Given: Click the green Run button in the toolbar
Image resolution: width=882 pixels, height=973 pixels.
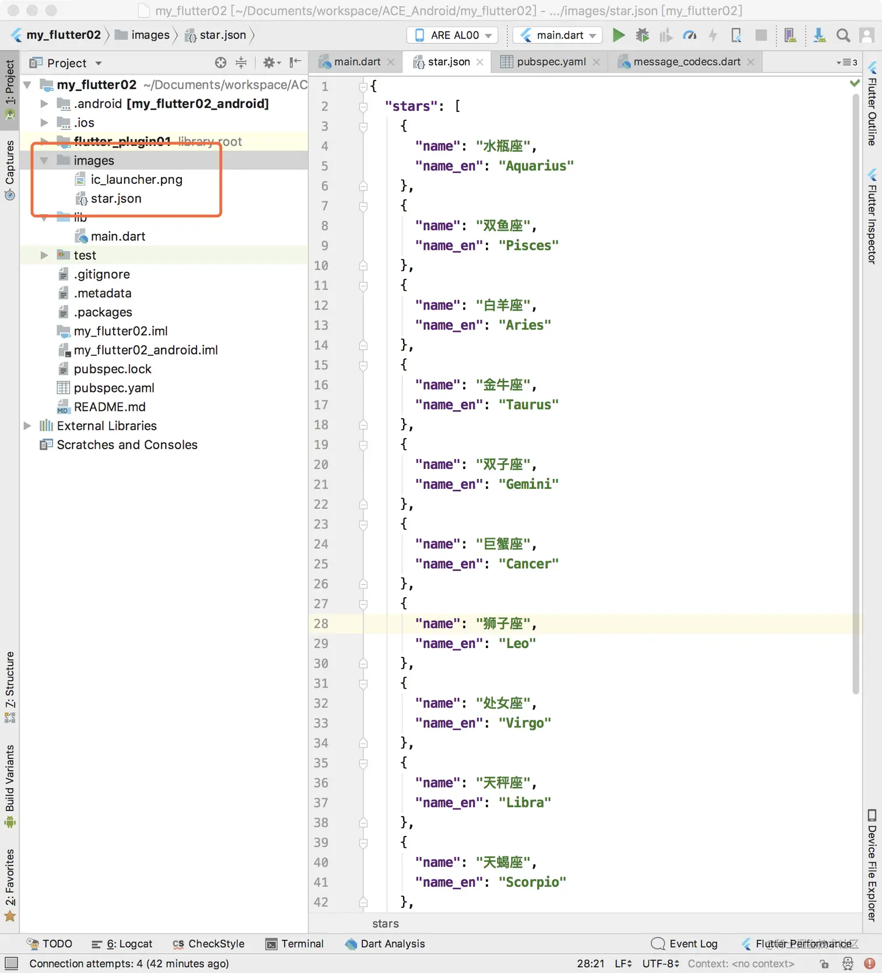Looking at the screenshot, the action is tap(618, 35).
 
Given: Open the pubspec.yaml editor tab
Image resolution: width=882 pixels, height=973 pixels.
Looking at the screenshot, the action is tap(551, 62).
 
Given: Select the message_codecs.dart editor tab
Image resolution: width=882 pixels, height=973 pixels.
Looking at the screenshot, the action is tap(687, 62).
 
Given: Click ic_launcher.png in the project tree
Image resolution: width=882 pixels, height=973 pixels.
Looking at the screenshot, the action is tap(136, 180).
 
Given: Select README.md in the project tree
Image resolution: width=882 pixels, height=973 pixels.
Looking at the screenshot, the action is tap(109, 407).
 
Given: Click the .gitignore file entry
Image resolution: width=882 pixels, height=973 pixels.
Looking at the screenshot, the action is tap(101, 274).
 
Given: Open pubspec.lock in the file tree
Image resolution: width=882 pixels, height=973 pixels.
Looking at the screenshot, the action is tap(112, 369).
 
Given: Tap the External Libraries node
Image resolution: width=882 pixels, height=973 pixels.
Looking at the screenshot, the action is tap(106, 426).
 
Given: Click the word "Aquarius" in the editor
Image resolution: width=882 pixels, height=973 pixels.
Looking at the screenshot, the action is tap(536, 166).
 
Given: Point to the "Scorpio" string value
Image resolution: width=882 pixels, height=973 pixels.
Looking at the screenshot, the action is tap(532, 882).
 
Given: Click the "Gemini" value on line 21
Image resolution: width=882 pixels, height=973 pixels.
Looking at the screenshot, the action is tap(528, 484).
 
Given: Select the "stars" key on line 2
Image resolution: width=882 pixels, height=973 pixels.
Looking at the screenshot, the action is tap(411, 106).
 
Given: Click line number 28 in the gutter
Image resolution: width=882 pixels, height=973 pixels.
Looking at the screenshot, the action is tap(321, 624).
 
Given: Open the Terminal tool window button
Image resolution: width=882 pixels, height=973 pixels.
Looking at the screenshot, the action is tap(295, 944).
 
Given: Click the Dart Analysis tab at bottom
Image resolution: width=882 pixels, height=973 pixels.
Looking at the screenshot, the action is tap(385, 944).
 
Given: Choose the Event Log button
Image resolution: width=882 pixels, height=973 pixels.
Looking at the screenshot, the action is tap(684, 944).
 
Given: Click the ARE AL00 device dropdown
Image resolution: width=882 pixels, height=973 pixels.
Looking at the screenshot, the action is tap(452, 35).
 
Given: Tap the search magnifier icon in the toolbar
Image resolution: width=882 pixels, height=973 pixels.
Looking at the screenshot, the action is tap(843, 36).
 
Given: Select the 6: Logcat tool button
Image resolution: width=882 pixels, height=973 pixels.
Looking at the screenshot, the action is tap(122, 944).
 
